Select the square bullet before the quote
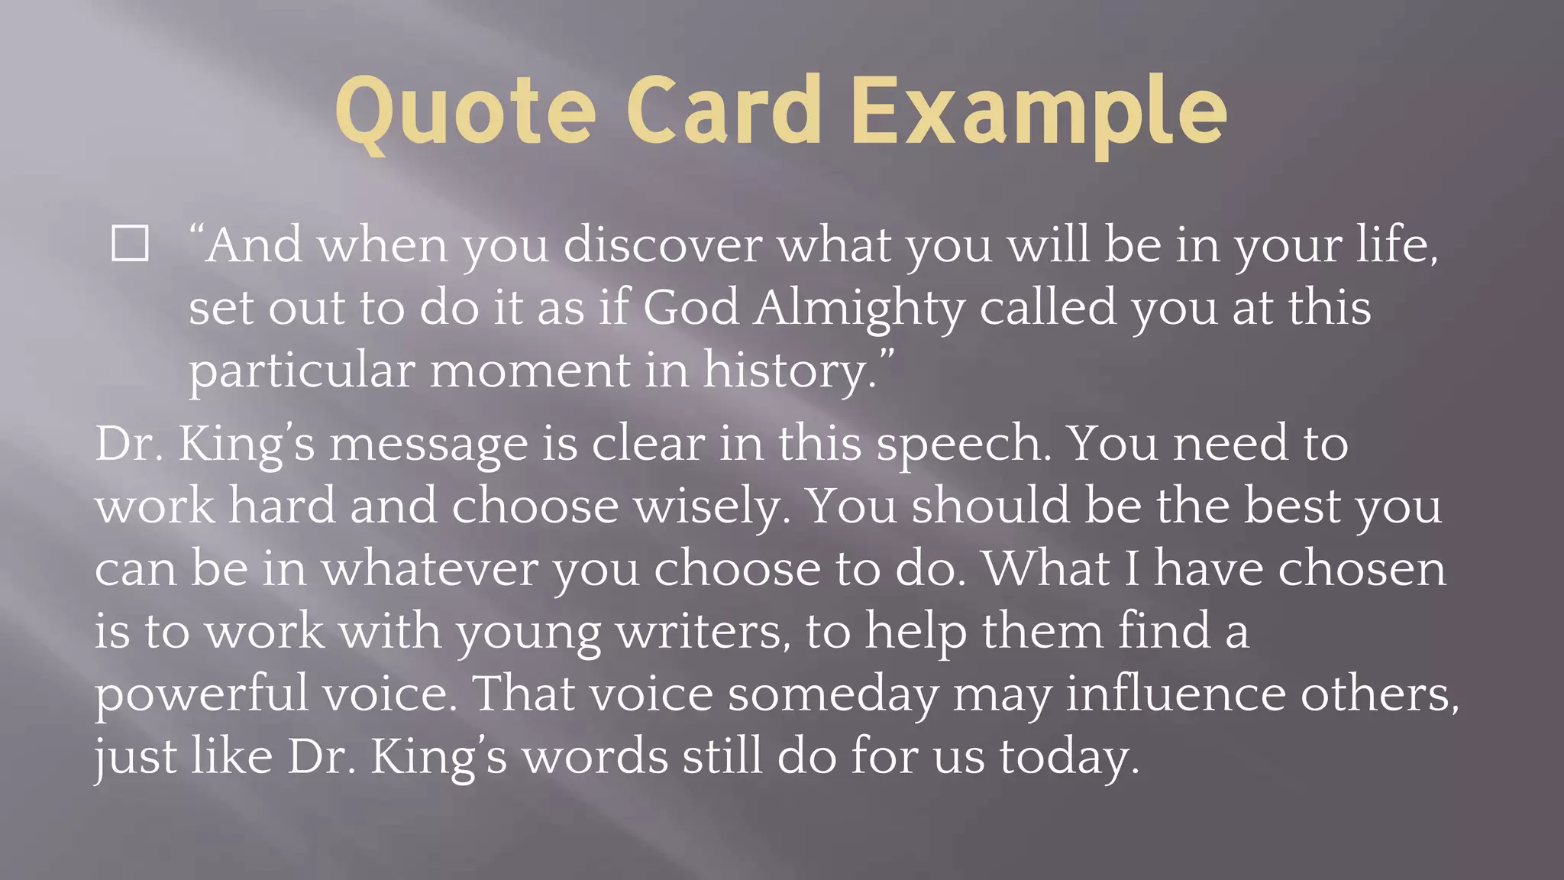pyautogui.click(x=130, y=244)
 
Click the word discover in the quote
pyautogui.click(x=662, y=246)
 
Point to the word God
pyautogui.click(x=690, y=309)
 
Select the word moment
pyautogui.click(x=529, y=371)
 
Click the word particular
pyautogui.click(x=302, y=371)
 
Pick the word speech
pyautogui.click(x=963, y=445)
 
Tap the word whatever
pyautogui.click(x=430, y=570)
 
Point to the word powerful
pyautogui.click(x=202, y=695)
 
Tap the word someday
pyautogui.click(x=833, y=695)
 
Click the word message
pyautogui.click(x=428, y=445)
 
